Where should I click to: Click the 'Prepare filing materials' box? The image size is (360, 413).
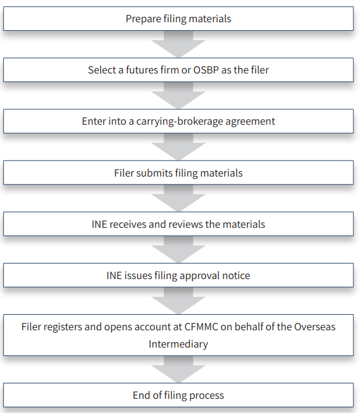178,19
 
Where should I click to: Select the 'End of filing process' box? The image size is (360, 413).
178,395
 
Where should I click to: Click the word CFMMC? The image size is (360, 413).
201,327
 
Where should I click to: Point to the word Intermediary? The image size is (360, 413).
178,344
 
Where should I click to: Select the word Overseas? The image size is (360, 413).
315,327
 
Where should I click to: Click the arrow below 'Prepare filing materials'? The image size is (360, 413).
178,44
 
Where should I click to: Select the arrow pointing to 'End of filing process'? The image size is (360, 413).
178,369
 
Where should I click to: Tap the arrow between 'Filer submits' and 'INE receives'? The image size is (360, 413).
178,198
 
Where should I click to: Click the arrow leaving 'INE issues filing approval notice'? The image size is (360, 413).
178,301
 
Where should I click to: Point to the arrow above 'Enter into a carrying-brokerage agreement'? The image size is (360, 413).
178,95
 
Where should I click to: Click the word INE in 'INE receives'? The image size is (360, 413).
99,225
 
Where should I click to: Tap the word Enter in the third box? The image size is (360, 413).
91,122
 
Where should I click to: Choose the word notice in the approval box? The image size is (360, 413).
236,276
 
